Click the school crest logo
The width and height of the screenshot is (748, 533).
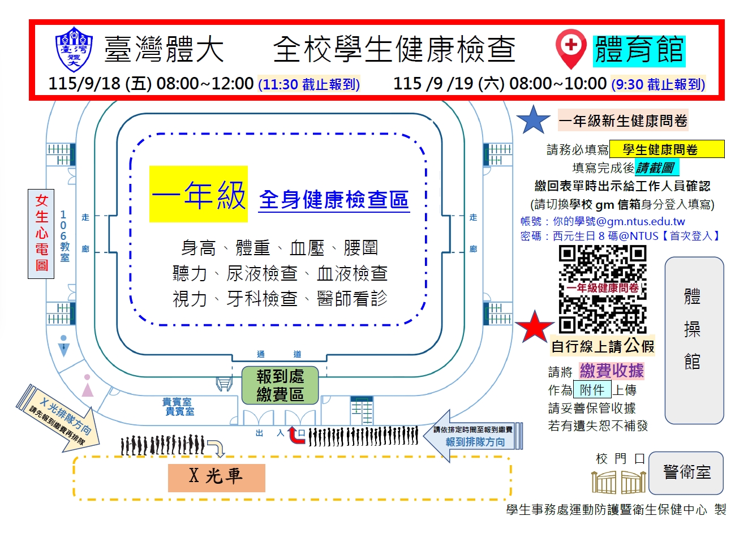tap(74, 49)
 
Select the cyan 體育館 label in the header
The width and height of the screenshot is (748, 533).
tap(639, 51)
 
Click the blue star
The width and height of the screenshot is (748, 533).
tap(534, 119)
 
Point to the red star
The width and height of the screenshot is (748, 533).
tap(535, 326)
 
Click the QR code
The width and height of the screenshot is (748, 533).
tap(603, 289)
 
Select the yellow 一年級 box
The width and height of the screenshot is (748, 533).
tap(199, 194)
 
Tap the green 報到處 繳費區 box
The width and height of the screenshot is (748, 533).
tap(280, 385)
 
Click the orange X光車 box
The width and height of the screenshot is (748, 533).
tap(216, 478)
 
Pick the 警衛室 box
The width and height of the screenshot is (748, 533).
tap(686, 472)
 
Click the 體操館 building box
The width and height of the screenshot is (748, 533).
tap(694, 340)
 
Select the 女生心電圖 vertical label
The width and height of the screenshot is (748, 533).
tap(41, 234)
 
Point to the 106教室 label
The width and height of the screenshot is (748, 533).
tap(65, 236)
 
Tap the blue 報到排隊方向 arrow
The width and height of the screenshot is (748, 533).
tap(472, 436)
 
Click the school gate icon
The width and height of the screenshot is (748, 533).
tap(618, 482)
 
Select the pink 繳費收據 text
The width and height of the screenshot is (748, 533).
tap(612, 371)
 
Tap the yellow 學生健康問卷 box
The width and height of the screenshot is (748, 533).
tap(667, 149)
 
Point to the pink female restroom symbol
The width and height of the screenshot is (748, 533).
tap(88, 386)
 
